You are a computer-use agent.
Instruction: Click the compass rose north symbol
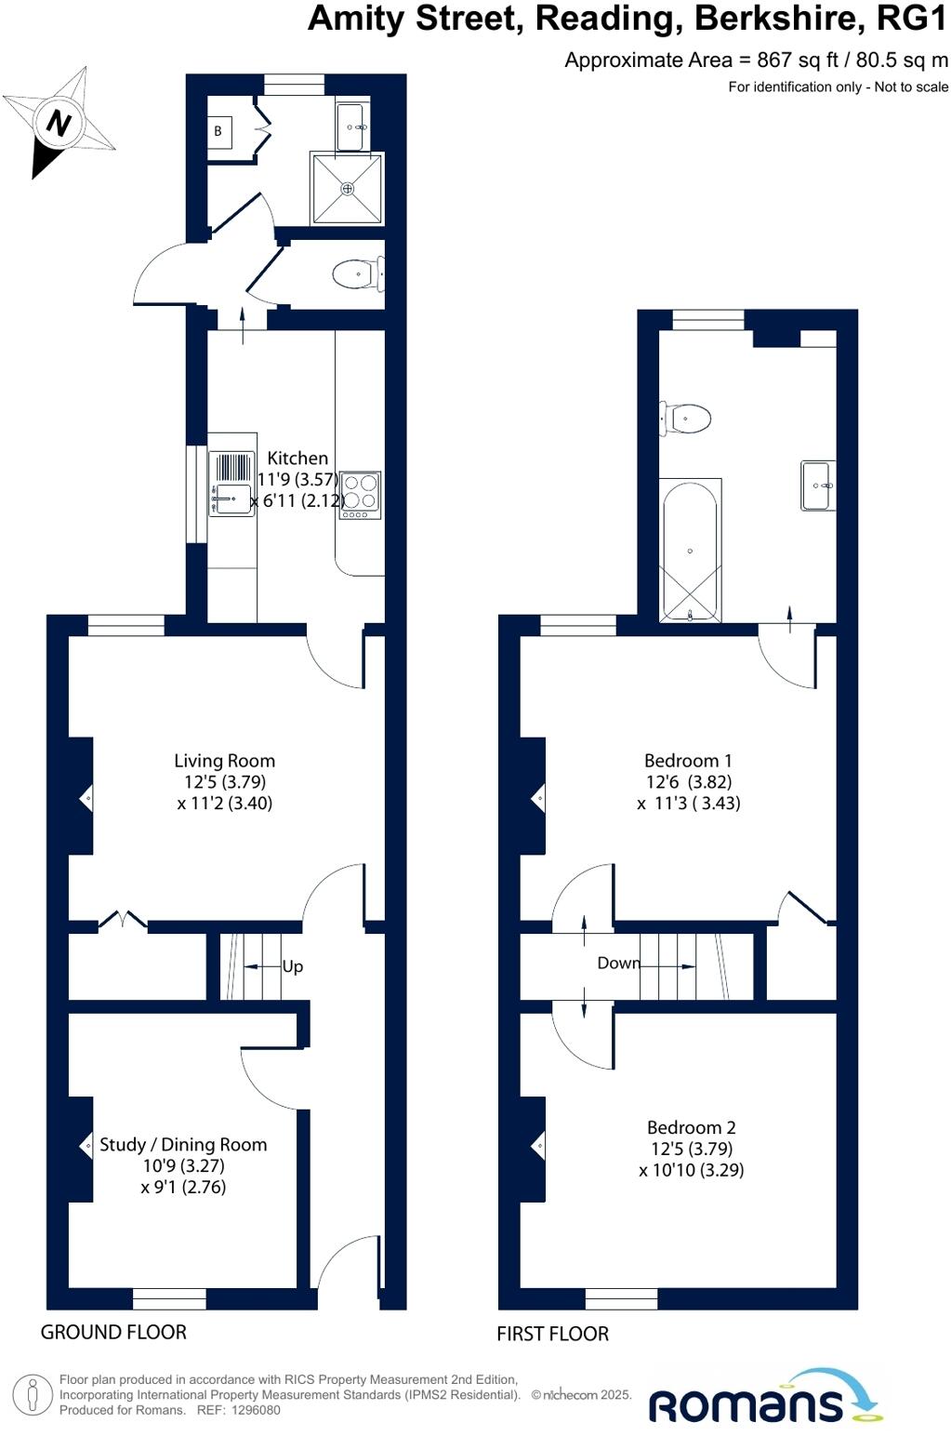(x=59, y=122)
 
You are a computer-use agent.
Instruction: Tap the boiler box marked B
(x=218, y=131)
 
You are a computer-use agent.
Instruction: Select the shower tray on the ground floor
(x=348, y=189)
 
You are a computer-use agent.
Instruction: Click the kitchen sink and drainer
(x=231, y=483)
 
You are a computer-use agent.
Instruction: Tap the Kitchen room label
(x=297, y=458)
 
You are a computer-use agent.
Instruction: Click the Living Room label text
(x=224, y=761)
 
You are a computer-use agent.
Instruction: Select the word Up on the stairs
(x=293, y=966)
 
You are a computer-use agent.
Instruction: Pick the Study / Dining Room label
(x=183, y=1145)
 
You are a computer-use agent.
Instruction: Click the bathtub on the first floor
(x=690, y=551)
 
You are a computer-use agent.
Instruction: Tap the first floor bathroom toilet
(x=687, y=418)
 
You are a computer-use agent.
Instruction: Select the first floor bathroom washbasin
(x=818, y=485)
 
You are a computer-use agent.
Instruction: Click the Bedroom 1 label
(x=688, y=761)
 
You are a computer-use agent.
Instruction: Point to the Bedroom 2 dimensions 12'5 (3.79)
(x=692, y=1149)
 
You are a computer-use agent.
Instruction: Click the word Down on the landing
(x=618, y=963)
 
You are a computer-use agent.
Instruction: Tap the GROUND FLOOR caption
(x=113, y=1332)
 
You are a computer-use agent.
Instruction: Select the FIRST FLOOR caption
(x=552, y=1334)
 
